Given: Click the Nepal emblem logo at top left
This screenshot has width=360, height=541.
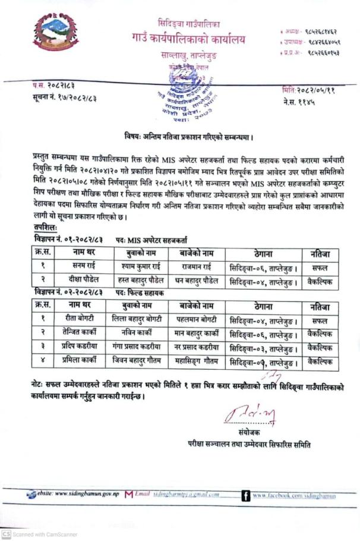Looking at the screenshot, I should [x=56, y=33].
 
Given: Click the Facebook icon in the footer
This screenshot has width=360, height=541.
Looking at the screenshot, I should [x=245, y=495].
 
